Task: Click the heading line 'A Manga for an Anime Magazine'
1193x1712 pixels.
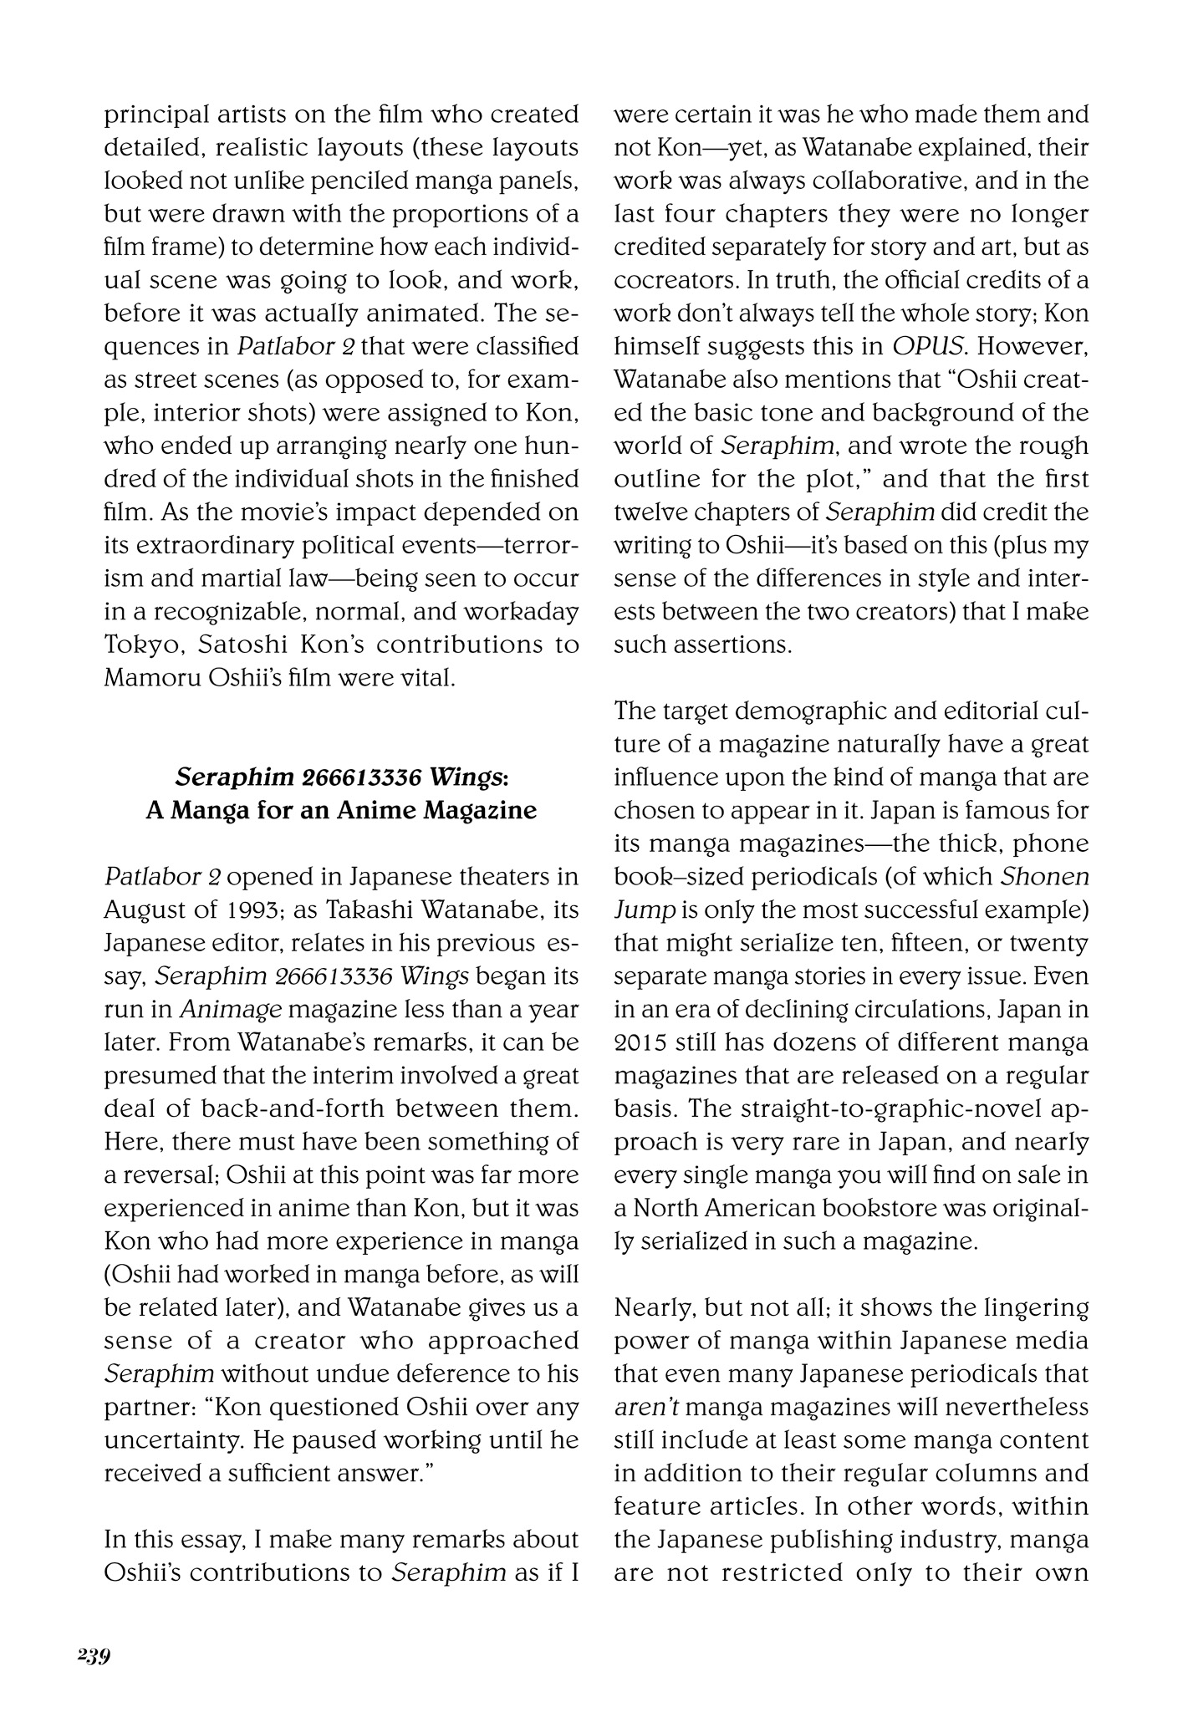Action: tap(341, 810)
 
